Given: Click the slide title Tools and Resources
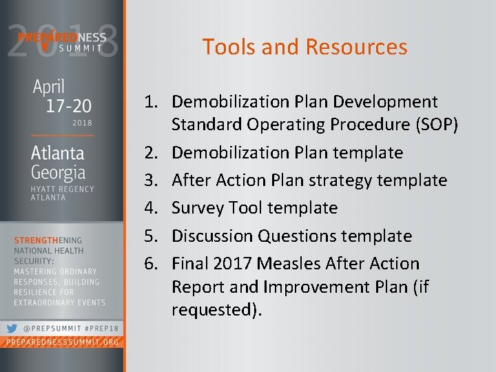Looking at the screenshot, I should point(304,47).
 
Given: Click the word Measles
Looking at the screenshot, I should point(308,263).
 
